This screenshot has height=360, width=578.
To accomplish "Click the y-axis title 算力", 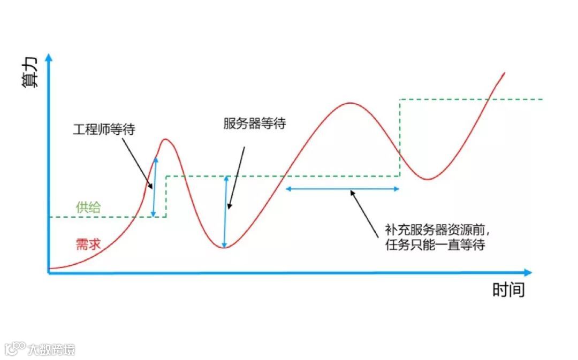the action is [x=31, y=73].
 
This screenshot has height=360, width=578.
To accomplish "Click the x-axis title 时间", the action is [x=508, y=290].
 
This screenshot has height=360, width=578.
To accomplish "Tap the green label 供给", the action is [x=88, y=208].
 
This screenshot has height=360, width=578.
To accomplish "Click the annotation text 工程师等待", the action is [x=103, y=129].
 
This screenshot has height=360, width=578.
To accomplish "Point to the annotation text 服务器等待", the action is [x=254, y=124].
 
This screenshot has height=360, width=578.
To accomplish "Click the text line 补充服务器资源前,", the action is [x=436, y=231].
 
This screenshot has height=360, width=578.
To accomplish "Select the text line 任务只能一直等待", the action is [x=435, y=246].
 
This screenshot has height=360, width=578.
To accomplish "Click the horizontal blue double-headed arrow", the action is [x=343, y=188].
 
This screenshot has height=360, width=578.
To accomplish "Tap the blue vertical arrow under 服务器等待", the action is [x=226, y=212].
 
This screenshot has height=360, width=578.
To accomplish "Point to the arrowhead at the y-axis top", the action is [x=49, y=57].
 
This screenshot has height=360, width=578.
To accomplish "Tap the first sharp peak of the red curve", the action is [x=165, y=140].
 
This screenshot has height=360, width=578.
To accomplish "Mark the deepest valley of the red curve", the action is [x=225, y=248].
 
